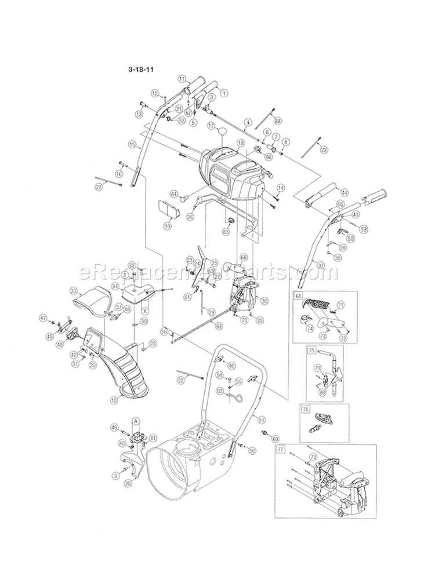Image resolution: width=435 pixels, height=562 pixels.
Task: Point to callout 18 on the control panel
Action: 240,142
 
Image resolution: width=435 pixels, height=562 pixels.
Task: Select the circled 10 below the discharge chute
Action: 114,400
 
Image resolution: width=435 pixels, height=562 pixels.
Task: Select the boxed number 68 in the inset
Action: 299,296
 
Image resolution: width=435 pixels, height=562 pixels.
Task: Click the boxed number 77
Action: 281,449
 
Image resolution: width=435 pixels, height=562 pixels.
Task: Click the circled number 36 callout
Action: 264,301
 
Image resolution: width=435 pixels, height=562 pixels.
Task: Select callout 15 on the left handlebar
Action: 132,144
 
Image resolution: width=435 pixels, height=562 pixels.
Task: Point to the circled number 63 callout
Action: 219,327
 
